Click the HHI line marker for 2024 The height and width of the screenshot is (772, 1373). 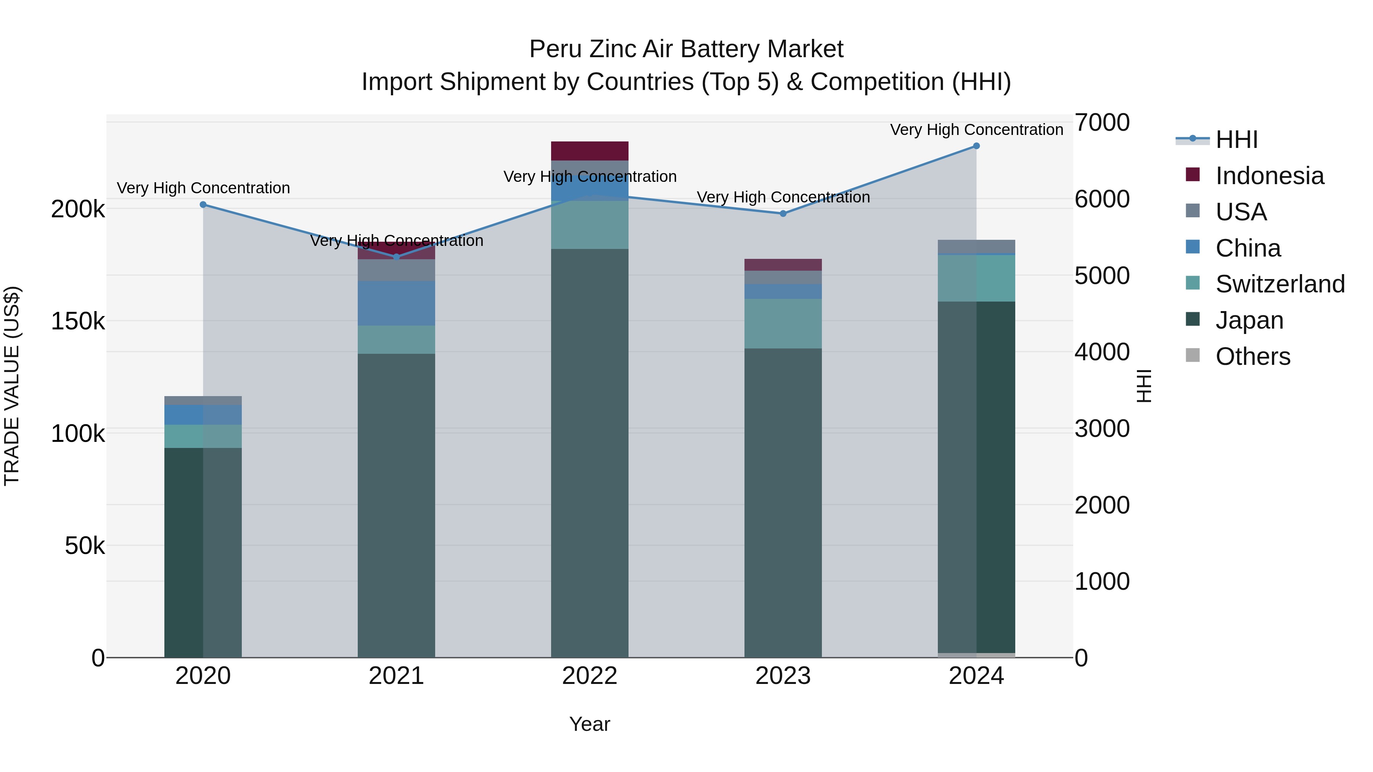coord(976,146)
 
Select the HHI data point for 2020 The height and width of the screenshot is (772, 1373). coord(203,205)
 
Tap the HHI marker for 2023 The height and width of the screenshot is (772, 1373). coord(783,213)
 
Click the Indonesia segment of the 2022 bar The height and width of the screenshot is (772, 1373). coord(590,151)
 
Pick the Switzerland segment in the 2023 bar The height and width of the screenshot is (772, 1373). coord(783,323)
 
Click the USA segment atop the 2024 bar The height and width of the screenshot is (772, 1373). coord(976,247)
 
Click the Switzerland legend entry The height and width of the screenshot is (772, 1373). coord(1280,284)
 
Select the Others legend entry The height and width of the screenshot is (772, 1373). coord(1252,356)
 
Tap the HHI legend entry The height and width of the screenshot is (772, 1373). coord(1236,140)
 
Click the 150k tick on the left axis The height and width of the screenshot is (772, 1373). coord(78,321)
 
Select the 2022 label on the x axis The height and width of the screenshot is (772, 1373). coord(590,676)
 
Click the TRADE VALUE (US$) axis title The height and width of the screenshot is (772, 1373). coord(12,386)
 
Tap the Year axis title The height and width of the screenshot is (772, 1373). coord(590,724)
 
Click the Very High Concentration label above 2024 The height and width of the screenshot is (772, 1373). coord(976,130)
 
